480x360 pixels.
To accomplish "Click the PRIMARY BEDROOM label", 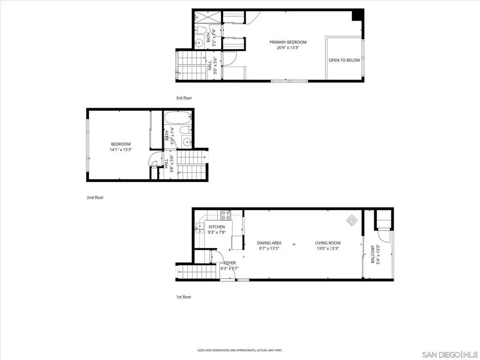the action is coord(288,42).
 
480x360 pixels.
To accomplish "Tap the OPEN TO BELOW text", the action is coord(345,60).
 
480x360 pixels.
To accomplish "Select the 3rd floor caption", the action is coord(184,98).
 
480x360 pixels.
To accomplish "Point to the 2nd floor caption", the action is coord(95,197).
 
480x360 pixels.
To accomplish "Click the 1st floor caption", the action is coord(184,297).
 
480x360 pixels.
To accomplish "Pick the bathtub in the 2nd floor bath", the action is coord(178,118).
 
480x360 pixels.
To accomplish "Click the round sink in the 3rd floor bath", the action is coord(200,43).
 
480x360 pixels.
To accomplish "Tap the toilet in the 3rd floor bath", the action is coord(201,30).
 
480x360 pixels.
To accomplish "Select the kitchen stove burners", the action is coord(226,215).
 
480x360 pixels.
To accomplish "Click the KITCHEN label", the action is coord(217,227).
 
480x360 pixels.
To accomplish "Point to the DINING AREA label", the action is coord(269,243).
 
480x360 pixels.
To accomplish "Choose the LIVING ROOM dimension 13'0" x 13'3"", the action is coord(328,248).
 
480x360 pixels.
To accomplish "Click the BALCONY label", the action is coord(373,254).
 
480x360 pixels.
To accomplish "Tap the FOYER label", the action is coord(230,263).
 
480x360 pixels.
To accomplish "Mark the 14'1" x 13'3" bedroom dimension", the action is coord(121,150).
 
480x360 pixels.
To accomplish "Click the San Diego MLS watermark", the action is coord(450,354).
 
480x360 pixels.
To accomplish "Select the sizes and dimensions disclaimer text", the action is coord(240,350).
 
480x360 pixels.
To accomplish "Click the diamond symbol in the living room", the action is coord(352,220).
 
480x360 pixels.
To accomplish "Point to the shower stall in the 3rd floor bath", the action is coord(208,17).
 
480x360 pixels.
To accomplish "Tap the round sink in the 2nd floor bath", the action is coord(187,142).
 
